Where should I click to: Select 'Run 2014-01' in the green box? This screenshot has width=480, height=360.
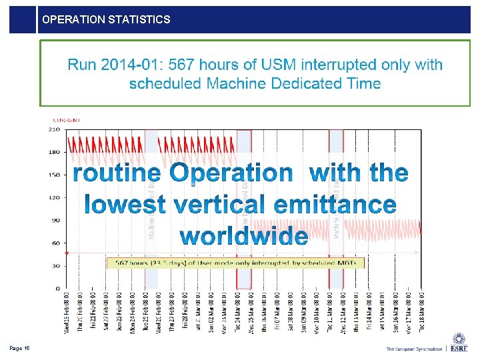tap(114, 65)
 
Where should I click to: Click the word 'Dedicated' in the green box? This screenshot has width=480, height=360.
tap(301, 83)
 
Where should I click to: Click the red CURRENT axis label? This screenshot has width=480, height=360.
tap(67, 120)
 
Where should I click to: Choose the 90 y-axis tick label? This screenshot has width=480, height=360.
tap(55, 220)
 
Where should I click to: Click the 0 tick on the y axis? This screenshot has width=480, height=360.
tap(57, 288)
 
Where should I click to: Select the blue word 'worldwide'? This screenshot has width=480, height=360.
tap(244, 235)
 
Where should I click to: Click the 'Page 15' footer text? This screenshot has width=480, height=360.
tap(19, 348)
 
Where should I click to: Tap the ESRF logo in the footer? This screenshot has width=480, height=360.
tap(459, 344)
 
